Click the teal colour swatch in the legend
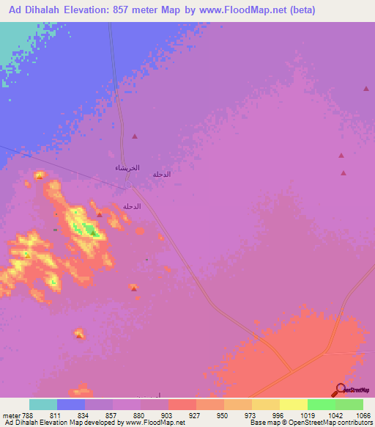[x=43, y=404]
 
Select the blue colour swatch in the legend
[x=71, y=404]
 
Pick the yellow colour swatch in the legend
[x=294, y=404]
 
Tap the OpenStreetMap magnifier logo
[x=340, y=390]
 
